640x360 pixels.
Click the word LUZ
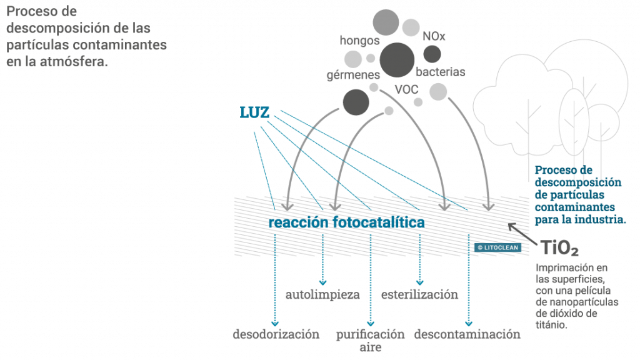click(x=255, y=112)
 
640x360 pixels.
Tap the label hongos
click(x=360, y=40)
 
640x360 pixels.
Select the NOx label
click(x=434, y=37)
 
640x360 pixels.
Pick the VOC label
click(x=406, y=89)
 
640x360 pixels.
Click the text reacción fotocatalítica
click(x=346, y=223)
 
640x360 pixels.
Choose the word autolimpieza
click(x=322, y=294)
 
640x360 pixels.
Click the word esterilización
click(x=419, y=294)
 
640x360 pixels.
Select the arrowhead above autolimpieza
click(x=323, y=281)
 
